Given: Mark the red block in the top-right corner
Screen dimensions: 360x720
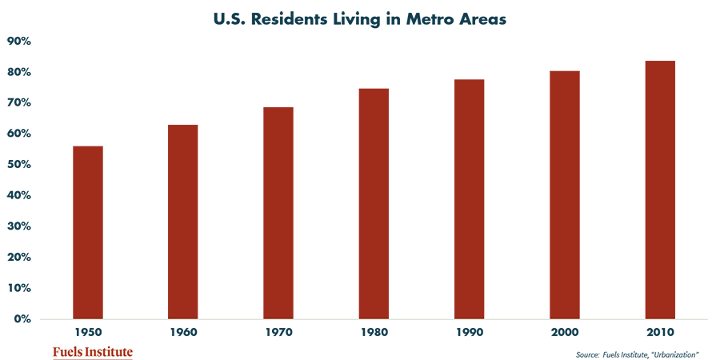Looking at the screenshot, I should click(x=632, y=32).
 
